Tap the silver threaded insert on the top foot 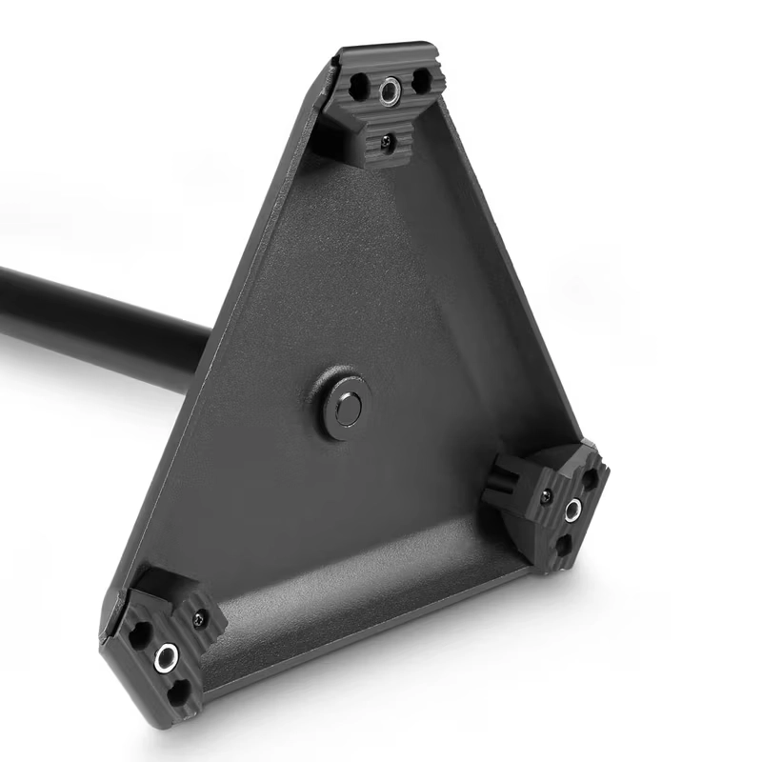point(390,91)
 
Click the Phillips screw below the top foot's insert point(386,141)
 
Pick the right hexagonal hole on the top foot point(418,84)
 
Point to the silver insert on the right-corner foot point(572,511)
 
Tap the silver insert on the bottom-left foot point(168,654)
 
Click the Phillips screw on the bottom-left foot point(198,620)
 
